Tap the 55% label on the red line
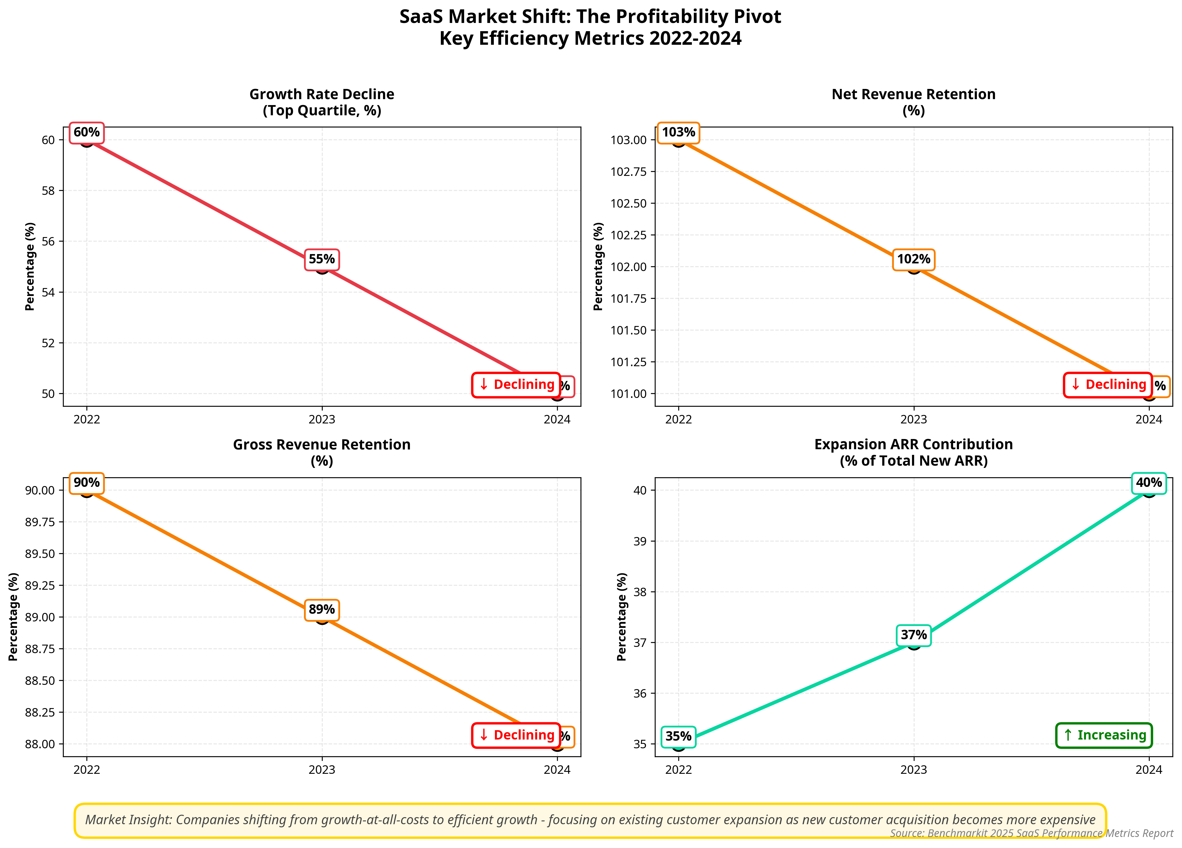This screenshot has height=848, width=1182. [322, 259]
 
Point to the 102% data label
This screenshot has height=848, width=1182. [914, 259]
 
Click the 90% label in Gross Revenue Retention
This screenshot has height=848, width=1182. [86, 483]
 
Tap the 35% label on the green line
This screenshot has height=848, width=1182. [679, 736]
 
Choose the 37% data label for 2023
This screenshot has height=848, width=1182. [914, 635]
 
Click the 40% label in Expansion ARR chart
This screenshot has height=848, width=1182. [1149, 483]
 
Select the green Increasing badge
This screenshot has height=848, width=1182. [1104, 736]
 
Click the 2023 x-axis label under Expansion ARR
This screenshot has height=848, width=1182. [914, 770]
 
